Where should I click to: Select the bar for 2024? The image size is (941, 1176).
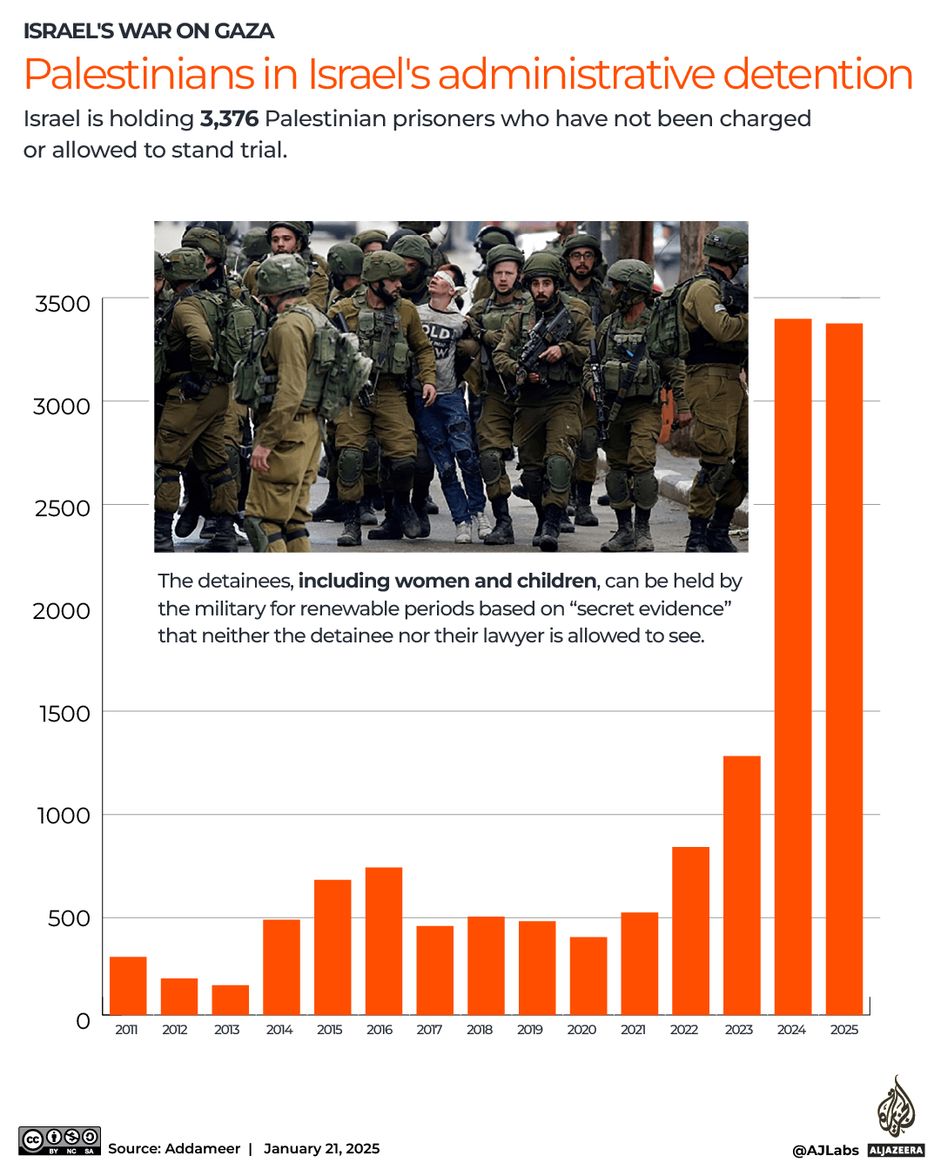792,666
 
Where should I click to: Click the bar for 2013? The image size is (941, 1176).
230,999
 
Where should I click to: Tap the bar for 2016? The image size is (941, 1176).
384,940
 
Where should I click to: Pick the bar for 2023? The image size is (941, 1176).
742,884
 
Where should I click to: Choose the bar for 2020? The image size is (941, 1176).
588,975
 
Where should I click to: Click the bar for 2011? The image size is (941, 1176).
128,985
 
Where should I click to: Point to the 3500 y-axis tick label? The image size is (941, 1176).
63,304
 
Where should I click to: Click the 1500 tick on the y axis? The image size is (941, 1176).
64,714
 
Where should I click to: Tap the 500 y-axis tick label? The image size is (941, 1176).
69,918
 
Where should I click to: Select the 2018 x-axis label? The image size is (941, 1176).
480,1030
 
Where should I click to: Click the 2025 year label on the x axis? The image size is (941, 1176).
844,1030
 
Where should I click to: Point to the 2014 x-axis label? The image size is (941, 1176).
279,1030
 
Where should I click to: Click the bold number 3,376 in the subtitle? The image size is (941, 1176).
229,118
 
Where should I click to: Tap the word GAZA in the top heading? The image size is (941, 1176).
244,31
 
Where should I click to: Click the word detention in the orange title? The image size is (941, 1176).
817,74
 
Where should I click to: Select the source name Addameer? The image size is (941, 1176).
202,1148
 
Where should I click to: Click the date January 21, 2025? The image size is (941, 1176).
321,1148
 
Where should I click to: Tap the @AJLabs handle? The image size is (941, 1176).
825,1151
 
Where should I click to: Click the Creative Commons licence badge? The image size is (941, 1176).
59,1140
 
